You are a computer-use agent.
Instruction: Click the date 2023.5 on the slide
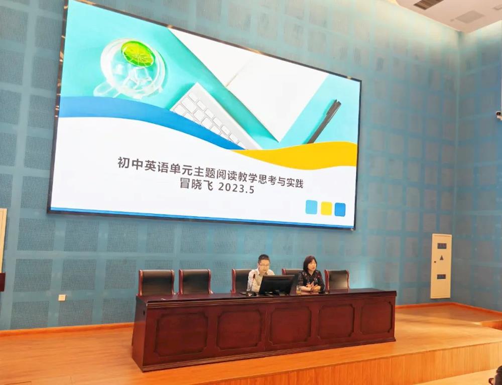tap(236, 188)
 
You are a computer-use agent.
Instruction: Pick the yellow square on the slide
tap(326, 208)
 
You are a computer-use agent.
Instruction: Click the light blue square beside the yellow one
tap(311, 207)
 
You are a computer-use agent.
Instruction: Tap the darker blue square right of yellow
tap(340, 210)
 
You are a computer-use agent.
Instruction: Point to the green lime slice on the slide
tap(138, 54)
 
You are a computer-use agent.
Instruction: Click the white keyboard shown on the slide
tap(215, 117)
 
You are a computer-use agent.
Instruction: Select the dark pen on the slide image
tap(324, 121)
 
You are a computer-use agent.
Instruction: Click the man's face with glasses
tap(264, 264)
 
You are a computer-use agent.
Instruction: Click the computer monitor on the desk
tap(276, 285)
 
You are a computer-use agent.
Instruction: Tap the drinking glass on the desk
tap(299, 290)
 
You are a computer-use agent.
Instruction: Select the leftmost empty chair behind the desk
tap(156, 282)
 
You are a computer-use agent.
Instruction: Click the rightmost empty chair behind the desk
tap(337, 280)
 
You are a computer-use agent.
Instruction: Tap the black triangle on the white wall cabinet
tap(441, 258)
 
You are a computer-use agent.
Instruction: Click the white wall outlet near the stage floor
tap(62, 297)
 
